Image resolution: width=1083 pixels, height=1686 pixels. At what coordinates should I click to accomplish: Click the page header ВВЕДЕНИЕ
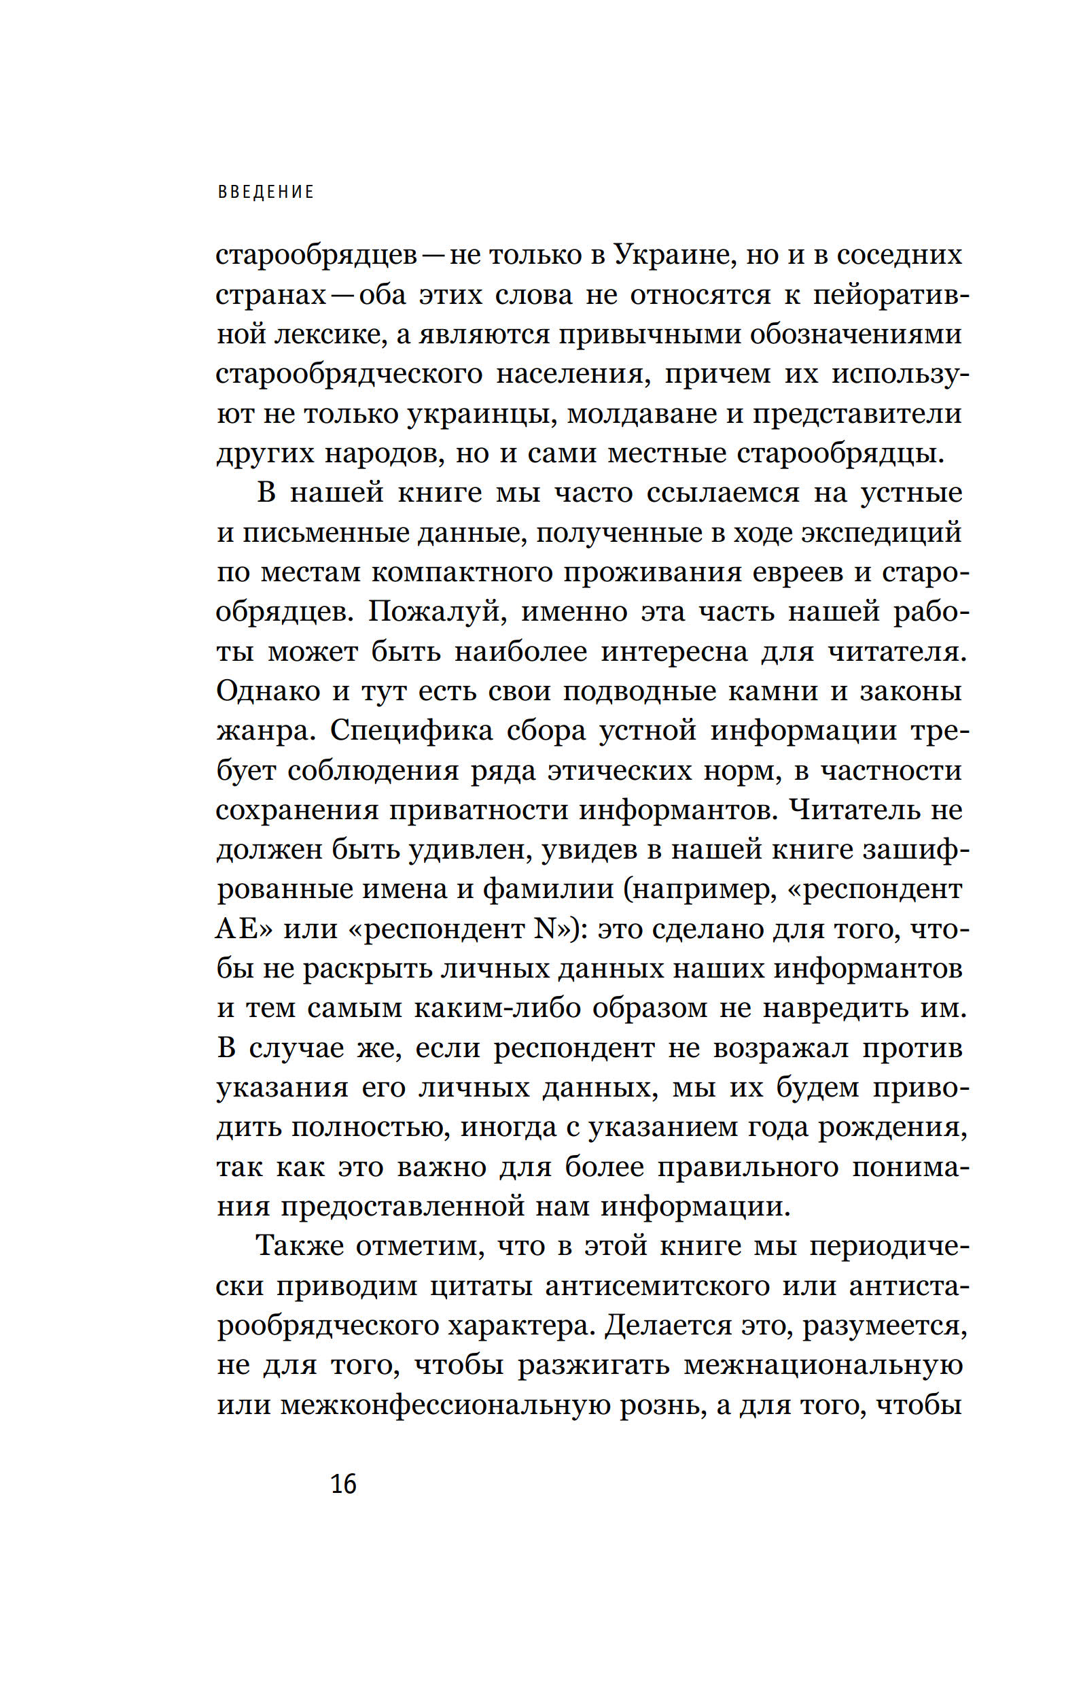coord(266,192)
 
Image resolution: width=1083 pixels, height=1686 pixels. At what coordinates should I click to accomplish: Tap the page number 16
coord(343,1483)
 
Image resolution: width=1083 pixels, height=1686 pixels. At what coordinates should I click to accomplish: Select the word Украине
coord(675,255)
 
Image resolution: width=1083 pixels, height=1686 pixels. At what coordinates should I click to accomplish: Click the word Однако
coord(268,691)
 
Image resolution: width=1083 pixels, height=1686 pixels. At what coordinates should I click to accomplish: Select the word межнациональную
coord(823,1365)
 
